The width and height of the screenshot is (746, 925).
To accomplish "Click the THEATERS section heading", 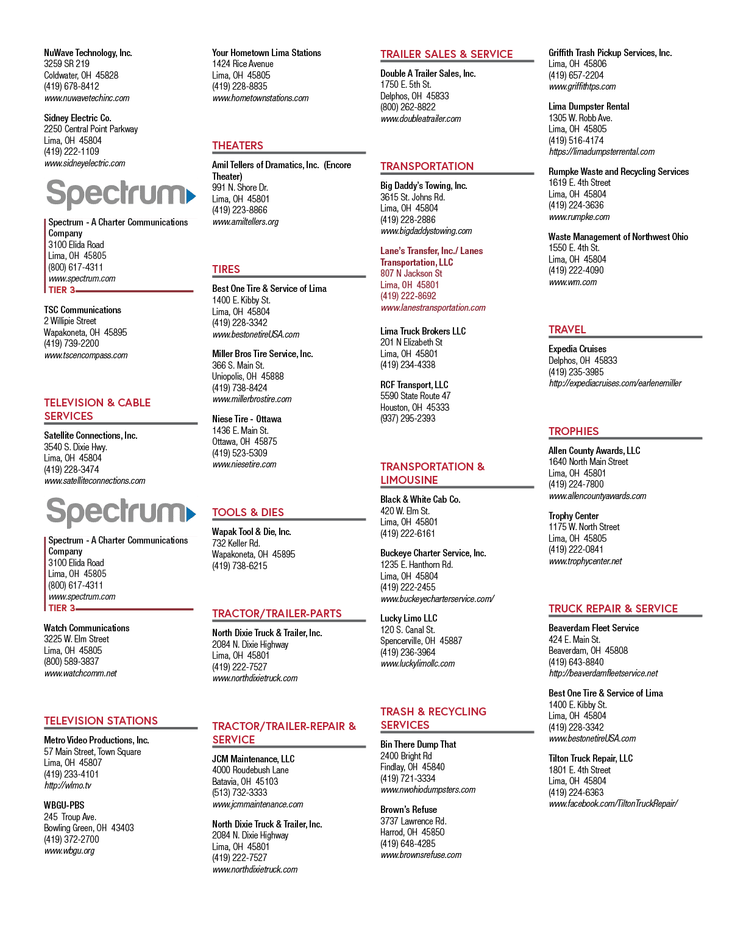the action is pos(237,146).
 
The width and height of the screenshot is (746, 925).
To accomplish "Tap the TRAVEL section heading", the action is pos(567,330).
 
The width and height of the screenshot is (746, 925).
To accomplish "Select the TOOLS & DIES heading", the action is pos(247,512).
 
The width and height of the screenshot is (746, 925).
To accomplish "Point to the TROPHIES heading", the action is pos(573,431).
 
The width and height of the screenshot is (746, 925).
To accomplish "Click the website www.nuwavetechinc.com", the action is pos(87,98).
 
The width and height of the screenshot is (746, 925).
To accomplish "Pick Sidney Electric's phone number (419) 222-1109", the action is pos(71,152).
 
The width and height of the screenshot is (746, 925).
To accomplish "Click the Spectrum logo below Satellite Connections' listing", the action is pos(121,512).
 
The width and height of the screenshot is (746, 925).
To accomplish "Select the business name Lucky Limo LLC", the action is pos(408,618).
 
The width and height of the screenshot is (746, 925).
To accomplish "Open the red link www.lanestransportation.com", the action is pos(433,308).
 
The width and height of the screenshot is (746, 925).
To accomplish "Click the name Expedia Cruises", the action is pos(577,349).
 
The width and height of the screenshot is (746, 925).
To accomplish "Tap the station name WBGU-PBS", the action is pos(64,805).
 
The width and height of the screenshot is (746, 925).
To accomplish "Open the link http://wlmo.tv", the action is pos(68,785).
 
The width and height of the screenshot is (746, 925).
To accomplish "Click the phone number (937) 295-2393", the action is pos(408,418).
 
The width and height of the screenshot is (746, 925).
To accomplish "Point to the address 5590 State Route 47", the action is pos(415,396).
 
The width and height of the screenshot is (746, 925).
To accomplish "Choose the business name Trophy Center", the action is pos(573,516).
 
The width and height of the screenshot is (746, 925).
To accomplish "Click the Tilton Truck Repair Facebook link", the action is pos(613,803).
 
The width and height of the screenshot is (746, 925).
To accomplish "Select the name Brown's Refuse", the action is pos(408,809).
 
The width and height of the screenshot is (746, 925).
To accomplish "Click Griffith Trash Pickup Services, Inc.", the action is pos(609,53).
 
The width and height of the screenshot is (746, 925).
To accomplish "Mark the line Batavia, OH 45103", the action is pos(245,781).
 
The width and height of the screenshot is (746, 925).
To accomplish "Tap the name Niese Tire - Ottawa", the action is pos(247,419).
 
